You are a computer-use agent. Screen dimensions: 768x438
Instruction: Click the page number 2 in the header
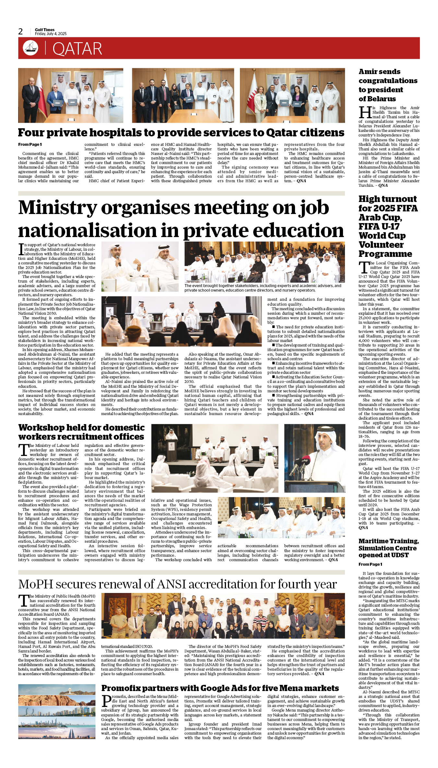pyautogui.click(x=20, y=31)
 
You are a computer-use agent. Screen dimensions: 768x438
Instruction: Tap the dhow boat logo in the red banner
pyautogui.click(x=30, y=48)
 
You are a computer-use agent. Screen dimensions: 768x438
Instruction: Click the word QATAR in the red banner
pyautogui.click(x=77, y=49)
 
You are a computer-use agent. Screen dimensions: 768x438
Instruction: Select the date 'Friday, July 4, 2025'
pyautogui.click(x=51, y=34)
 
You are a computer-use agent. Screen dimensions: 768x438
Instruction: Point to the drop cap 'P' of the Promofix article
pyautogui.click(x=106, y=701)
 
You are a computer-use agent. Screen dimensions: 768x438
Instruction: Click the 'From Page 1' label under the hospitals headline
pyautogui.click(x=30, y=145)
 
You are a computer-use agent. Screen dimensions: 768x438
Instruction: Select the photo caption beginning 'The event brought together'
pyautogui.click(x=263, y=288)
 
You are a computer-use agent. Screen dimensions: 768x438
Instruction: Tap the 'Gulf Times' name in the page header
pyautogui.click(x=45, y=30)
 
